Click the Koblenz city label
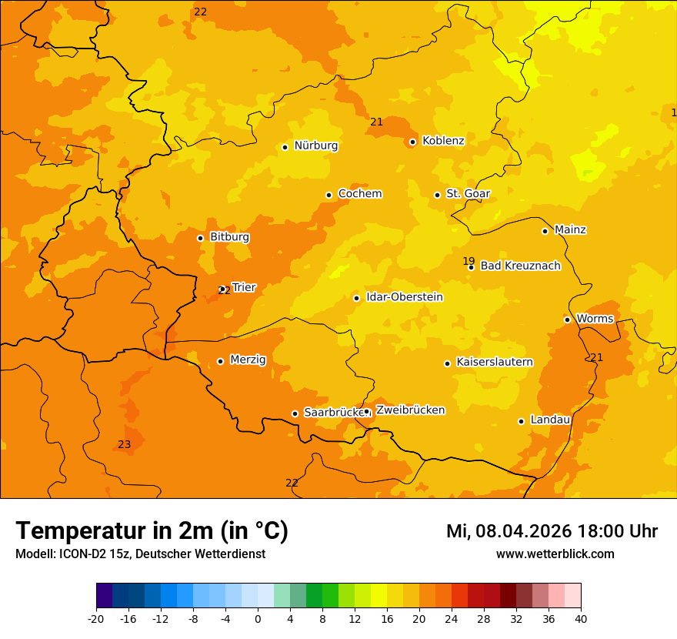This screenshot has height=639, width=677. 443,141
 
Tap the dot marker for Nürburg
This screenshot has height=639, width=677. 285,147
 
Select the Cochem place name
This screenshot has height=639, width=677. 359,194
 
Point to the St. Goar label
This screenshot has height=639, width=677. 468,194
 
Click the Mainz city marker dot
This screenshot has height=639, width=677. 545,231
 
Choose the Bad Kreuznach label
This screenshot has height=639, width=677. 520,266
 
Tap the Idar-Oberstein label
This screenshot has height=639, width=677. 404,297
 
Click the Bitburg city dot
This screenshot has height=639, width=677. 200,238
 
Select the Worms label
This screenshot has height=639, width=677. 595,319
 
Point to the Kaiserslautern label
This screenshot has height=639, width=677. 495,363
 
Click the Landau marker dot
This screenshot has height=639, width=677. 521,421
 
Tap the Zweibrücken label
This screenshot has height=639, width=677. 410,410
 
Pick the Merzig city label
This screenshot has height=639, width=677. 248,360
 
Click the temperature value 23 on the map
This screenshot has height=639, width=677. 125,445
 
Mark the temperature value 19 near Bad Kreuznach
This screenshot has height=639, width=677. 469,261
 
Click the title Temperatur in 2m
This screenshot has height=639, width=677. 152,531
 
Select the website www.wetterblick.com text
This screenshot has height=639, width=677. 555,554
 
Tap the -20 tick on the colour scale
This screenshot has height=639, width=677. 96,619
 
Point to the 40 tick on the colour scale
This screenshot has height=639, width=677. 581,619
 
